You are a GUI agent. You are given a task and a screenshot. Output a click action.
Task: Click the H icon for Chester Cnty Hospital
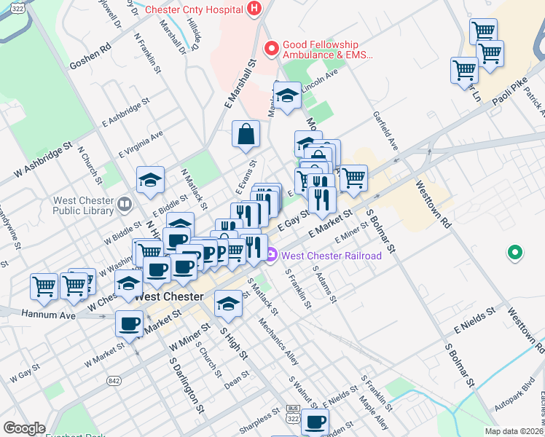254,9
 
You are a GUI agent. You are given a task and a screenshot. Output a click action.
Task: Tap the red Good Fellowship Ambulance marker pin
272,49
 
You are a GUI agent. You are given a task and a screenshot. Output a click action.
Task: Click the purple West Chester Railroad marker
272,255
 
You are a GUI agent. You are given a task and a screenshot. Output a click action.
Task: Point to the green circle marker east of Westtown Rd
515,253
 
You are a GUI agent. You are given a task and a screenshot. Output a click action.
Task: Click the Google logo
24,428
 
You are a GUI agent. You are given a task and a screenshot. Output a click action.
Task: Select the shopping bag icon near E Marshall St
246,133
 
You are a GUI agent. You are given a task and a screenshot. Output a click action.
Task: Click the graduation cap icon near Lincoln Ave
287,96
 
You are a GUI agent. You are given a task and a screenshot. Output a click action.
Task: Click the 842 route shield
113,380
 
